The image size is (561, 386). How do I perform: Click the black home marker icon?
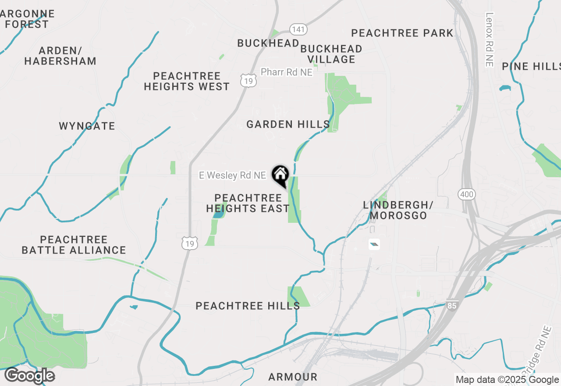(280, 175)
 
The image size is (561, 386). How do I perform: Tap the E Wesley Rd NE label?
(232, 175)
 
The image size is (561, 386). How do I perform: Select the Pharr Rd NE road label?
(287, 72)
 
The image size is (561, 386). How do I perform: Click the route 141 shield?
(298, 29)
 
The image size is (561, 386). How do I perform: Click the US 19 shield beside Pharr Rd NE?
(248, 80)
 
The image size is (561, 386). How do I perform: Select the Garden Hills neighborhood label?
(288, 125)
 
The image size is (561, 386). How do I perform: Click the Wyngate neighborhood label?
(87, 126)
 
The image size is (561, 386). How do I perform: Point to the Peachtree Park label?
(402, 33)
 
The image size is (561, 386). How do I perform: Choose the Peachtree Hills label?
(248, 306)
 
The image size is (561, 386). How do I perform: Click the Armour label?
(293, 377)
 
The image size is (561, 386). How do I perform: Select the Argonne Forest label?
(27, 19)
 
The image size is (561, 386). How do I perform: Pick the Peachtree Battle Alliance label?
(74, 245)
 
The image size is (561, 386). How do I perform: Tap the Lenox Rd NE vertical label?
(490, 39)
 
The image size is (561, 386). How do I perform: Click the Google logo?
(29, 376)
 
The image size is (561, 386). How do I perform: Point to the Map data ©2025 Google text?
(507, 380)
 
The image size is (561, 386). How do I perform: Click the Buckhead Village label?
(331, 54)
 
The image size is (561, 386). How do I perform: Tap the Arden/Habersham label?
(60, 56)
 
